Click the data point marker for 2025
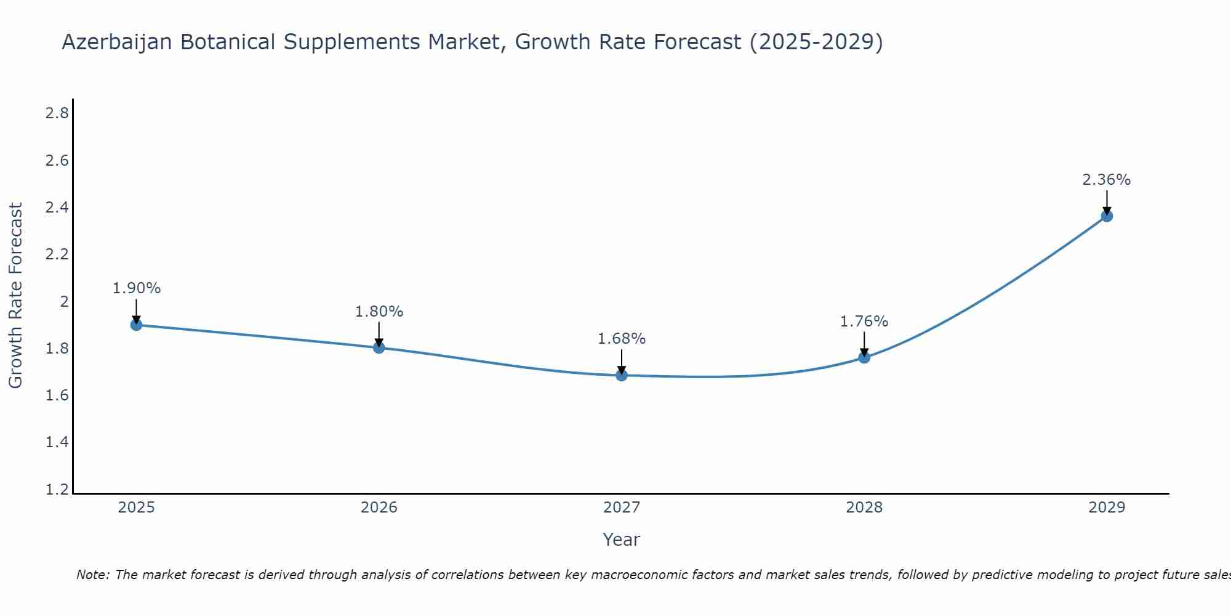coord(137,325)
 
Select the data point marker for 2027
coord(622,375)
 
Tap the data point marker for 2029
coord(1107,216)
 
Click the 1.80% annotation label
coord(379,312)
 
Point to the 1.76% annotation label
coord(864,322)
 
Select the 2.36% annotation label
coord(1107,180)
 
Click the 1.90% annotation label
coord(137,288)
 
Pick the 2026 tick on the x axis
coord(379,508)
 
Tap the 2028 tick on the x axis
coord(864,508)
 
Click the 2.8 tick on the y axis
coord(57,113)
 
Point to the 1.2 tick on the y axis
coord(57,490)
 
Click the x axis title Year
coord(622,540)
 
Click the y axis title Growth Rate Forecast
coord(16,296)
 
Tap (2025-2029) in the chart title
coord(816,42)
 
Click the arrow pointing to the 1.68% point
coord(622,361)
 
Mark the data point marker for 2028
coord(864,357)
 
